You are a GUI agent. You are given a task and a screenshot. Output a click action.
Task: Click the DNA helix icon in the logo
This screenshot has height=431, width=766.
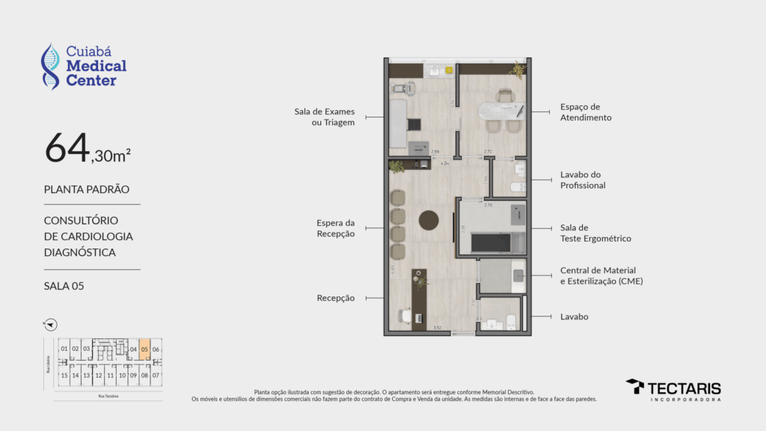coord(50,67)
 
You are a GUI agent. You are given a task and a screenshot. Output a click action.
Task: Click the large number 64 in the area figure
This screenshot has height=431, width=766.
coord(67,148)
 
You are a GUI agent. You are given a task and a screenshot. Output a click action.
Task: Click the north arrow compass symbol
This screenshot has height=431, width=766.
coord(51,325)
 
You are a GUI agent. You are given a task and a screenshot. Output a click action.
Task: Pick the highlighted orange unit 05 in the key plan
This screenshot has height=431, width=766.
coord(144,349)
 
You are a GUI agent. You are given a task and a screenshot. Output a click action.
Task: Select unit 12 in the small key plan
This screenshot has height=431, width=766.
coord(98,375)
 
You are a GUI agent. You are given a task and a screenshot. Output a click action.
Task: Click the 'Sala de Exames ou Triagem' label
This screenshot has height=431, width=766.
coord(324,117)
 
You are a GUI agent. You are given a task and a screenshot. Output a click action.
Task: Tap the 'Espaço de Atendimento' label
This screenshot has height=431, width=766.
coord(586,112)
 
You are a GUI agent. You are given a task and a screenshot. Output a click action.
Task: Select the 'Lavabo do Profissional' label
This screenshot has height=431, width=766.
coord(583,180)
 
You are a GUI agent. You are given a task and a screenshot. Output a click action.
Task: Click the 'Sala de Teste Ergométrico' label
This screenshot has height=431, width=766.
coord(595,233)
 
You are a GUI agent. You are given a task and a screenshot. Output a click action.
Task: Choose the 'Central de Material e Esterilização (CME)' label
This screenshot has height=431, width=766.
coord(601,275)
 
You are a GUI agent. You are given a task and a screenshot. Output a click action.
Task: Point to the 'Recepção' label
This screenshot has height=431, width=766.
coord(335,298)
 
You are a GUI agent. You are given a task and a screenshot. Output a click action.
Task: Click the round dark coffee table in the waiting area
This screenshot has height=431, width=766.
coord(429,220)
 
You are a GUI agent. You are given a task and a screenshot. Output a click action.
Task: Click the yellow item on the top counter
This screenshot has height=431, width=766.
coord(449,70)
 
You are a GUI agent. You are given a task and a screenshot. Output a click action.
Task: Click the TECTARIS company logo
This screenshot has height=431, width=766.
coord(673,388)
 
